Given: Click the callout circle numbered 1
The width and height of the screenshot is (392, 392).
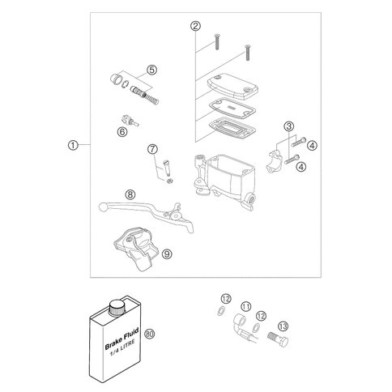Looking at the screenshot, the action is point(73,145).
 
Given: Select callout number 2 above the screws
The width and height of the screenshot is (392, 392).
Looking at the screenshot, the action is point(195,26).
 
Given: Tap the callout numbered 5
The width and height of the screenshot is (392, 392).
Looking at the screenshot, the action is point(152,70).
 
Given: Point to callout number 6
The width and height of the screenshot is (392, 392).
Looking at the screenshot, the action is point(122,132).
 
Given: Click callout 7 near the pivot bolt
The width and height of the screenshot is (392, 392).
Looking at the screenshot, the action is point(152,149).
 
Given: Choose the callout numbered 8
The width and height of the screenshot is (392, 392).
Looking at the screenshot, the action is point(130,194).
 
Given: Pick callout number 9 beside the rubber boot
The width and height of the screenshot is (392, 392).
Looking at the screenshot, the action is point(168,254).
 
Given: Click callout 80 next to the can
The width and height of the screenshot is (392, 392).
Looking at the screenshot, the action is point(150,334).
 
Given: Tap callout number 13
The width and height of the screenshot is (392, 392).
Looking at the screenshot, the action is point(283,326).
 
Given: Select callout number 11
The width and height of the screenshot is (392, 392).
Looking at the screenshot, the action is point(246,306).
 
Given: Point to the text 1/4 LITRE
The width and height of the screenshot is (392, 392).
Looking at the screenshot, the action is point(122,349).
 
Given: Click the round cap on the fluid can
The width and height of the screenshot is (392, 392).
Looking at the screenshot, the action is point(117,307).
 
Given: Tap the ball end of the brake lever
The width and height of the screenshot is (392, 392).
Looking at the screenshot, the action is point(103,207).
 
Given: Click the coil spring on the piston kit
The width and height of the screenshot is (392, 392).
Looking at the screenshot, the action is point(151,98).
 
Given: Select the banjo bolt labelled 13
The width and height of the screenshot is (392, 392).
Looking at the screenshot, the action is point(278,339).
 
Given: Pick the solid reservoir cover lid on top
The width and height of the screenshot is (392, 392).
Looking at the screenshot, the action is point(233,87).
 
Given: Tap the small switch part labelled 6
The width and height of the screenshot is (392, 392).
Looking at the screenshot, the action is point(129,121).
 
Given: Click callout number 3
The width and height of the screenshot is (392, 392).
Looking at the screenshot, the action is point(289,126).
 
